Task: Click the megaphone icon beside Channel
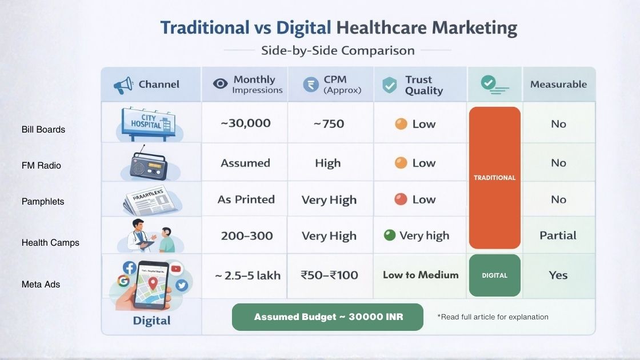[123, 85]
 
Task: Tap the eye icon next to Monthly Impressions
[220, 84]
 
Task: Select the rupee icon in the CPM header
[311, 85]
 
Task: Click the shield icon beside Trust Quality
[390, 85]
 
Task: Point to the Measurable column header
[558, 85]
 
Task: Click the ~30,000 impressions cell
[246, 123]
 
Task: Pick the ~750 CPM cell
[328, 124]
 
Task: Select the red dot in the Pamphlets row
[401, 199]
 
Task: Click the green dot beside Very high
[390, 235]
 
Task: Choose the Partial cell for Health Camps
[558, 235]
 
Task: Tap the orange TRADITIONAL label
[495, 178]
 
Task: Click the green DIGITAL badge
[495, 275]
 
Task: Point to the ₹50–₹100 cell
[329, 275]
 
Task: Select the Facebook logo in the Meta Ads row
[130, 267]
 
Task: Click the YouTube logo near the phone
[175, 268]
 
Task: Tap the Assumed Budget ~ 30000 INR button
[328, 317]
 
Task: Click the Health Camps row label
[50, 243]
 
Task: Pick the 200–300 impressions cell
[247, 235]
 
